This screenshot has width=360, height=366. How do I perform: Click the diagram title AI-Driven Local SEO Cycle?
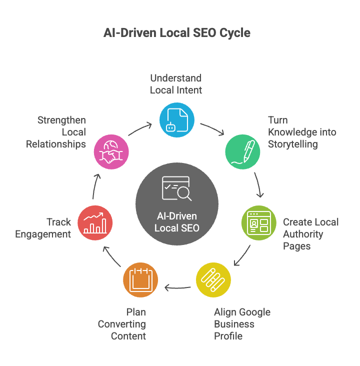[177, 33]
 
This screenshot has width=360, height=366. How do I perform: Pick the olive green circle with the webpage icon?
[258, 222]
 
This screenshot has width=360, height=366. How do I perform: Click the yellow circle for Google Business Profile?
[213, 280]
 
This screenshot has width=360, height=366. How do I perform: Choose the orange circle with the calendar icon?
[140, 279]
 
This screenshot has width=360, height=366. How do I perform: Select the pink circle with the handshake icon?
[111, 151]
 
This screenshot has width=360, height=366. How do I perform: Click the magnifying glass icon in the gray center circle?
[183, 193]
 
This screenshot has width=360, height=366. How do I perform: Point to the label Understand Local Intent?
[176, 84]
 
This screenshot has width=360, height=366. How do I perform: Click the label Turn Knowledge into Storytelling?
[302, 132]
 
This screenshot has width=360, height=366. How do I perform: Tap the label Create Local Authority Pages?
[310, 234]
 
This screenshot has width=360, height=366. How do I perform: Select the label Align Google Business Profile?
[242, 324]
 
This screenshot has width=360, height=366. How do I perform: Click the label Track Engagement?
[43, 228]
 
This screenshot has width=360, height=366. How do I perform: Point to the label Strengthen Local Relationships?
[56, 132]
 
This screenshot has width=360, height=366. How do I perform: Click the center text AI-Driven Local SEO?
[176, 222]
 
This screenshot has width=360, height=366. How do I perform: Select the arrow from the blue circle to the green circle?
[212, 129]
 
